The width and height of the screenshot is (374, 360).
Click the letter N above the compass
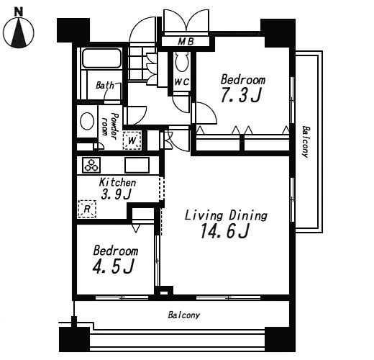pyautogui.click(x=19, y=12)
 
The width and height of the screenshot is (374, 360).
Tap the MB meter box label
pyautogui.click(x=186, y=42)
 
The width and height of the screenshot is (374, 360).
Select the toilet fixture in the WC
pyautogui.click(x=183, y=62)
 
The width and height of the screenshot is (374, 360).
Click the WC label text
pyautogui.click(x=182, y=82)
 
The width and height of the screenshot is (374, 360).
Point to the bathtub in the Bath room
pyautogui.click(x=101, y=58)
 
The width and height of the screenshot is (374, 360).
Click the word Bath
pyautogui.click(x=105, y=85)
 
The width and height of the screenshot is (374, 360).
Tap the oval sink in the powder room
pyautogui.click(x=87, y=121)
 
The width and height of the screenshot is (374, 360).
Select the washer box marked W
pyautogui.click(x=132, y=140)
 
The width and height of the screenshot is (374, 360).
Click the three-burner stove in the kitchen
pyautogui.click(x=91, y=165)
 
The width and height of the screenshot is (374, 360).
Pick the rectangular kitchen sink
pyautogui.click(x=137, y=165)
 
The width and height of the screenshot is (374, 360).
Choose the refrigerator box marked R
pyautogui.click(x=87, y=209)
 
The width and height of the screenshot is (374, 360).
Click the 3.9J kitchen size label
pyautogui.click(x=117, y=194)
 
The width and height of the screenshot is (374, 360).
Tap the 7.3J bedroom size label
pyautogui.click(x=241, y=95)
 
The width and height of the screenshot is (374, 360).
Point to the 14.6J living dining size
pyautogui.click(x=225, y=231)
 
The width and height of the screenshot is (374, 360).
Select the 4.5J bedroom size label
pyautogui.click(x=113, y=266)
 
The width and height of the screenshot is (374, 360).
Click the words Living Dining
pyautogui.click(x=226, y=215)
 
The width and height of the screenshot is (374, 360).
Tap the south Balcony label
pyautogui.click(x=183, y=315)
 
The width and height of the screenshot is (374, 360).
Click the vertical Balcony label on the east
pyautogui.click(x=305, y=142)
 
